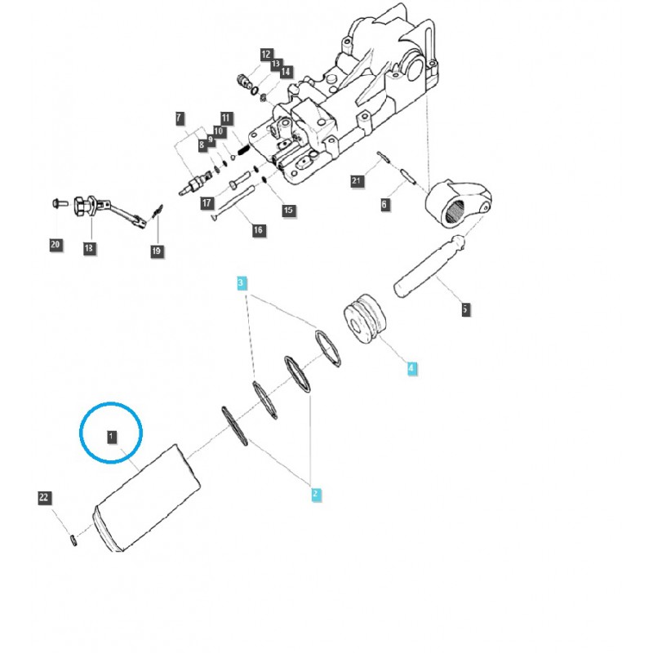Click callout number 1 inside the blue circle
(112, 437)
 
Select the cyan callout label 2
(315, 493)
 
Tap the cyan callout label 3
(241, 283)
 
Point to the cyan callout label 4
(411, 369)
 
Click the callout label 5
(464, 309)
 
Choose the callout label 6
(384, 205)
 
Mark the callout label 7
(180, 119)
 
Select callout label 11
(226, 119)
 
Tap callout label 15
(287, 210)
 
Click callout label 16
(258, 230)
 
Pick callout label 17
(207, 203)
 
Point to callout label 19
(156, 251)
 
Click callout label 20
(55, 244)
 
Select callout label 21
(356, 181)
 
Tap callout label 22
(44, 497)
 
